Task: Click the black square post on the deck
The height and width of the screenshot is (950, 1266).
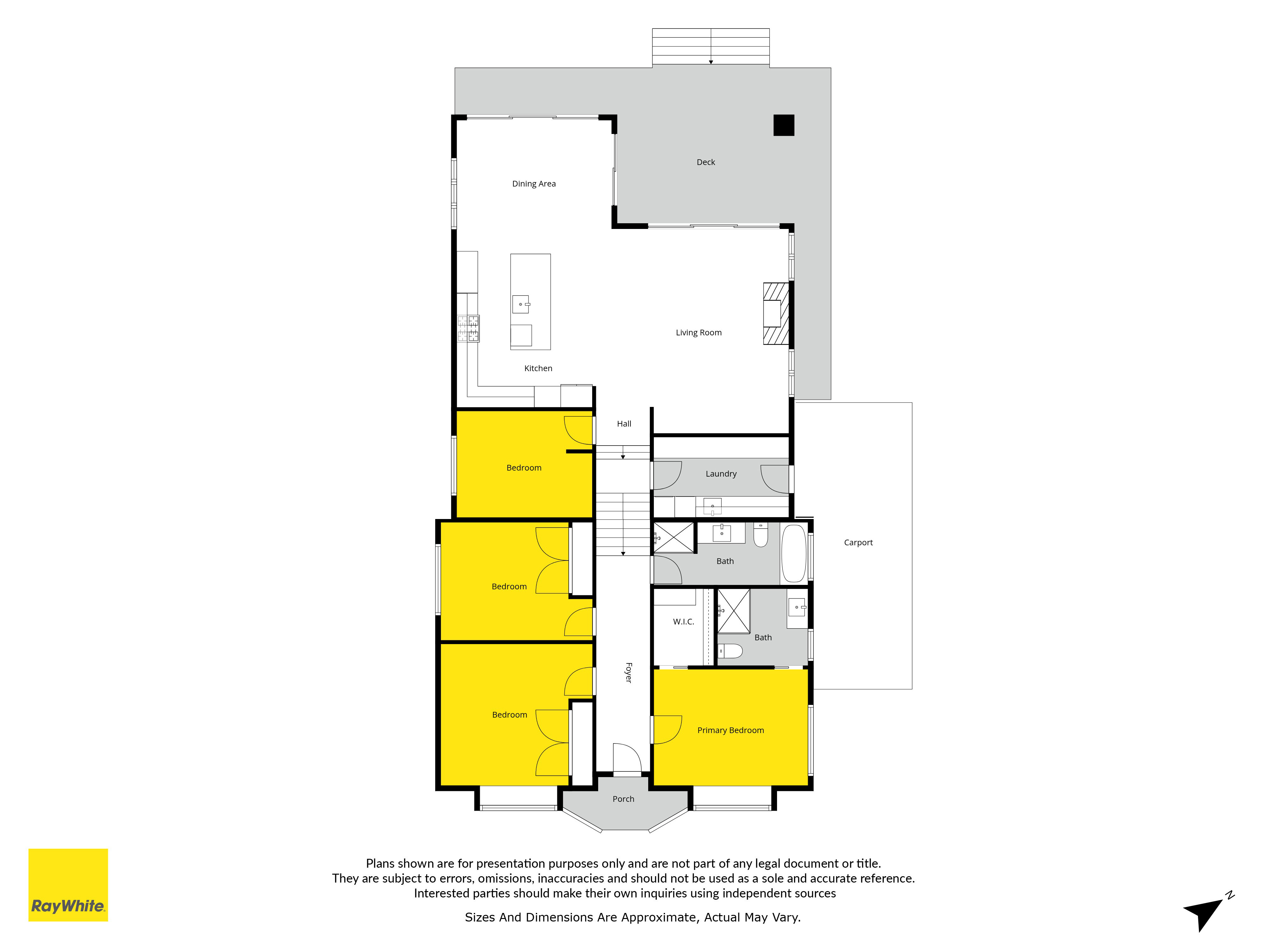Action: coord(784,125)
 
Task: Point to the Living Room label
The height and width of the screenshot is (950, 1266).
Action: coord(698,333)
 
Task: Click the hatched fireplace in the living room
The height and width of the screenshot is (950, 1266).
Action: coord(776,314)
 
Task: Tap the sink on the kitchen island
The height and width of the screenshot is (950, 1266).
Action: coord(521,304)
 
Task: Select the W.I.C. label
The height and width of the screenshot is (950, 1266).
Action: coord(683,622)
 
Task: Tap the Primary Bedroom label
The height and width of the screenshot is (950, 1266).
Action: coord(730,730)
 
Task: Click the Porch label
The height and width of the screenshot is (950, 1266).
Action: coord(623,799)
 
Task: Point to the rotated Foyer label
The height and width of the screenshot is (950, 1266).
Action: coord(629,672)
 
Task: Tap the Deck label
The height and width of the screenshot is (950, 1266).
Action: coord(706,162)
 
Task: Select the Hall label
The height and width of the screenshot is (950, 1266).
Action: coord(624,424)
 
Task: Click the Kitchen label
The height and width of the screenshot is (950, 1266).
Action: coord(538,368)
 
